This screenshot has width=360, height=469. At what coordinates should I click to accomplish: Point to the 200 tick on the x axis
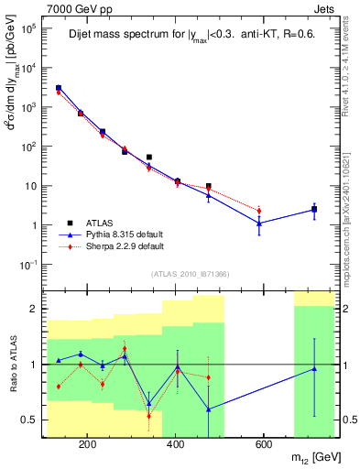tap(87, 447)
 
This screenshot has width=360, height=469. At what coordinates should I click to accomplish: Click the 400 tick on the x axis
tap(175, 447)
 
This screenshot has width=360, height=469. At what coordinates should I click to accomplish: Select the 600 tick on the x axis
tap(263, 447)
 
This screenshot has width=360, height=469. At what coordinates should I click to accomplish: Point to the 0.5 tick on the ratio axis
tap(34, 420)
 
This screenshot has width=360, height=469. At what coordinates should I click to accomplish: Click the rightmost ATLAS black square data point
tap(314, 210)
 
